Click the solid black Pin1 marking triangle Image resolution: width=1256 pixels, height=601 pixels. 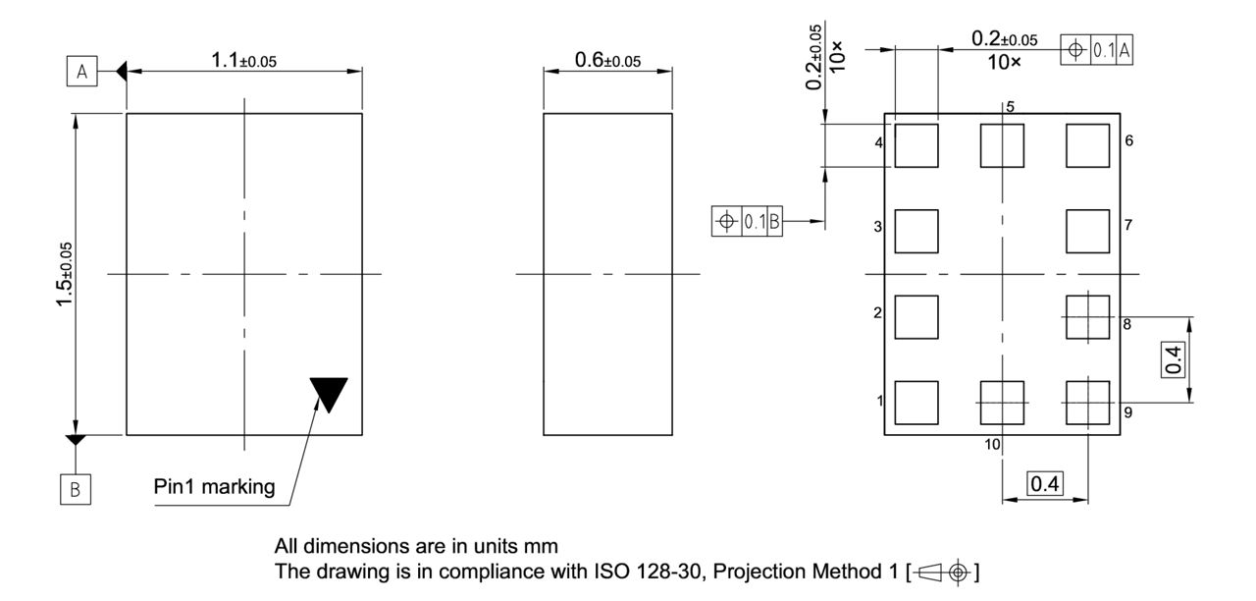(x=329, y=393)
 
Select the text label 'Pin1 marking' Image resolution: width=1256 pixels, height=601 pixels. (x=214, y=487)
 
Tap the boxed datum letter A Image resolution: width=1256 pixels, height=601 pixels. (x=81, y=71)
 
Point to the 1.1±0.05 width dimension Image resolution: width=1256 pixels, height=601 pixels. (x=243, y=61)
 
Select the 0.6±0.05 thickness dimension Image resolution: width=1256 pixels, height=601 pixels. (x=606, y=61)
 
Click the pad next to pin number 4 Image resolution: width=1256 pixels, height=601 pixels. (x=916, y=145)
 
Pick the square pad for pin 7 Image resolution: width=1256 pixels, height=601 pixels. (x=1087, y=231)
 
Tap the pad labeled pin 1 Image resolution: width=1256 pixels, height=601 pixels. (x=916, y=402)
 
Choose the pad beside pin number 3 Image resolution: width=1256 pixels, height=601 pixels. (x=916, y=231)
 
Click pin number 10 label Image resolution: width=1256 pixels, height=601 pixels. (x=992, y=445)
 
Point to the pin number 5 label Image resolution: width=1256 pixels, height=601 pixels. (x=1009, y=105)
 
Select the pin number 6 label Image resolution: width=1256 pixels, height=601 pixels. (x=1129, y=141)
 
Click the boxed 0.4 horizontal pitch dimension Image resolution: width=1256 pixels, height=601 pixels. (x=1045, y=484)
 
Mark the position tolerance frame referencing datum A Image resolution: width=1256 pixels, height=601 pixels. (x=1097, y=49)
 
